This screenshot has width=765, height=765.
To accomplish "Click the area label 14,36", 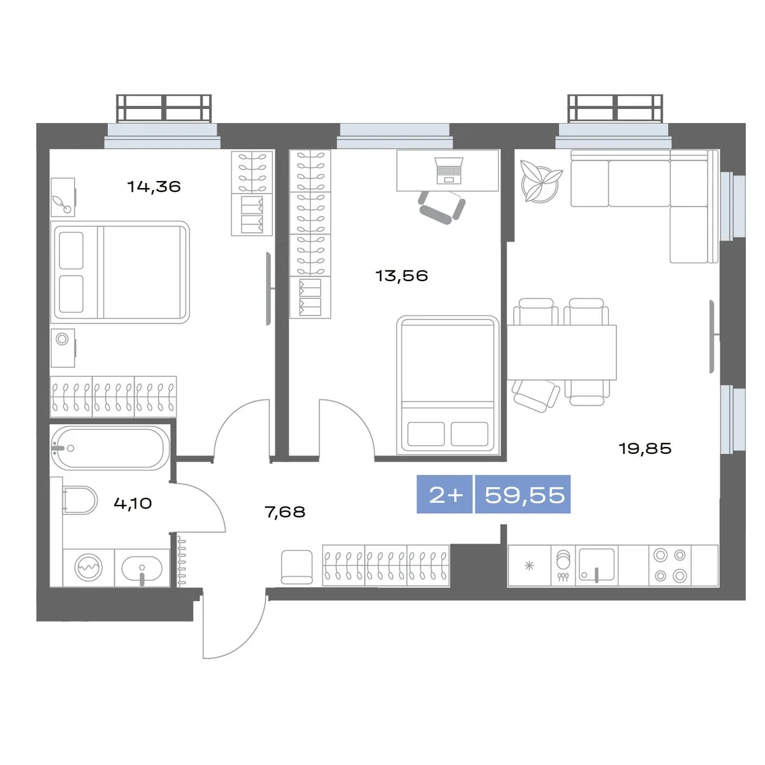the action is [x=154, y=187].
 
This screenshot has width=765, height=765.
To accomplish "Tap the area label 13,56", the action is [x=402, y=275].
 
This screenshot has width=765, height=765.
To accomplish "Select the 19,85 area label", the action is [x=645, y=448].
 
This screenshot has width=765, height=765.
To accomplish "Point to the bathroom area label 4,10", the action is [x=133, y=504].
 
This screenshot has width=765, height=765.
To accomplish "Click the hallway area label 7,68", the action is [x=285, y=512].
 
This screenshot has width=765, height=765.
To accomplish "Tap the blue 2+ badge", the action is [x=444, y=494].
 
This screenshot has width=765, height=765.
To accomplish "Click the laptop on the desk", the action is [x=449, y=171].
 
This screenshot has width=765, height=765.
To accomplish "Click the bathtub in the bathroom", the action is [x=108, y=448].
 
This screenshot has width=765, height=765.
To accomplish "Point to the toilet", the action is [x=80, y=500].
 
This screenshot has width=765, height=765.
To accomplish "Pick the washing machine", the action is [x=89, y=567].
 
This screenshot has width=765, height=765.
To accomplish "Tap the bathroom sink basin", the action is [x=142, y=569].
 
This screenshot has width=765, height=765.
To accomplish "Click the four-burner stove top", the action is [x=670, y=565].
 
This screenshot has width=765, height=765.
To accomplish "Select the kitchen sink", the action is [x=596, y=565].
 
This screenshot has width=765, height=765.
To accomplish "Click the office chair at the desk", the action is [x=442, y=207].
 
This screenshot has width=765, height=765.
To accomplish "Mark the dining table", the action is [x=562, y=352].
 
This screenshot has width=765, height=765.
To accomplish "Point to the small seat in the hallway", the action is [x=296, y=567].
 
